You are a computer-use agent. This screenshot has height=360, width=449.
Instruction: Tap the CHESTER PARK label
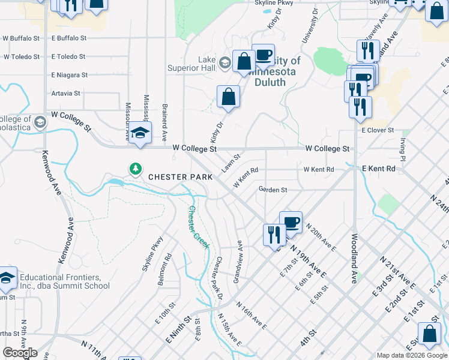[x=180, y=177]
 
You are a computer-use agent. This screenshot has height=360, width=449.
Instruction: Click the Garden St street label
[x=273, y=190]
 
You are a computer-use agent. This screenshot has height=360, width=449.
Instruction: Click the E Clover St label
[x=378, y=130]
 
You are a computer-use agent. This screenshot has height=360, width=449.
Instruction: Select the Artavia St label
[x=66, y=94]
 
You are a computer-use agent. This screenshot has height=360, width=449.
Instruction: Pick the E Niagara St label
[x=70, y=76]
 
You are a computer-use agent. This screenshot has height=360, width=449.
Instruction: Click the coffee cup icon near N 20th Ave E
[x=291, y=222]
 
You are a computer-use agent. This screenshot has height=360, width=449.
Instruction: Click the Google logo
[x=20, y=353]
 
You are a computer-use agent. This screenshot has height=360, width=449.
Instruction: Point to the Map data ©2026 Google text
[x=412, y=355]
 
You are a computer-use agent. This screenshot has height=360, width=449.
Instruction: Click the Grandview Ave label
[x=237, y=262]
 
